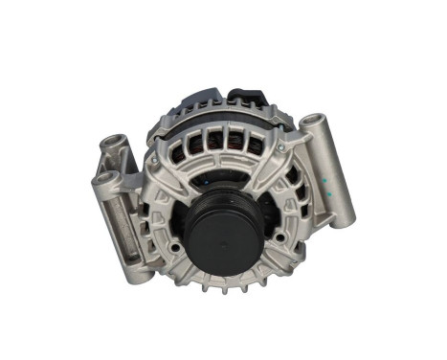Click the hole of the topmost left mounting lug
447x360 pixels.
click(116, 146)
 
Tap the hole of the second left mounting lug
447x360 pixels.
click(103, 178)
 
